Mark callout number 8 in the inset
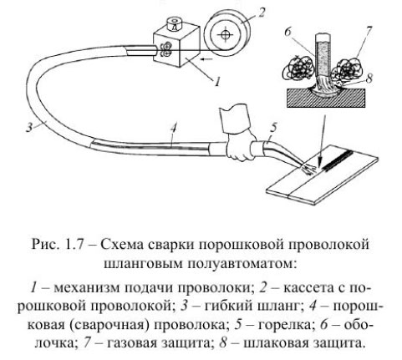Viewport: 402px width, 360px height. [372, 78]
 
